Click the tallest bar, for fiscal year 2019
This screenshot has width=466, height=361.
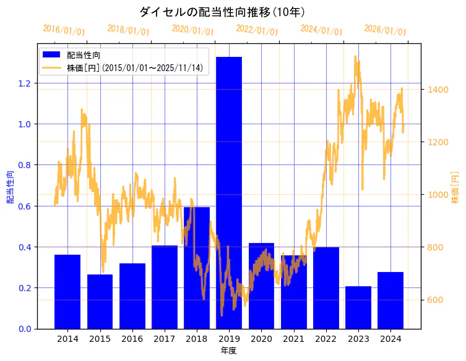[x=229, y=192]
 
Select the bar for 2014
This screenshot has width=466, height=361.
[x=67, y=291]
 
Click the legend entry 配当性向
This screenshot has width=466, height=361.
[x=84, y=55]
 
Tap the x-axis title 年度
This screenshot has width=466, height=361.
[x=228, y=350]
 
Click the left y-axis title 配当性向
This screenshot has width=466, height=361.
[x=11, y=187]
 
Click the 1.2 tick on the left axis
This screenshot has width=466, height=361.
[x=25, y=83]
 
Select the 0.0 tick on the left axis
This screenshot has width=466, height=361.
[x=25, y=329]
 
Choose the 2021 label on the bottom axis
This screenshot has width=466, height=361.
[x=293, y=339]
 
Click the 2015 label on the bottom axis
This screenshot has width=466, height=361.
[x=100, y=339]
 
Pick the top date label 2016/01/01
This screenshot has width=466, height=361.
[x=64, y=30]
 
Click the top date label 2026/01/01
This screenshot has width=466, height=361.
[x=385, y=30]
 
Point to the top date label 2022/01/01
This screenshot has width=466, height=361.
[x=257, y=30]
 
